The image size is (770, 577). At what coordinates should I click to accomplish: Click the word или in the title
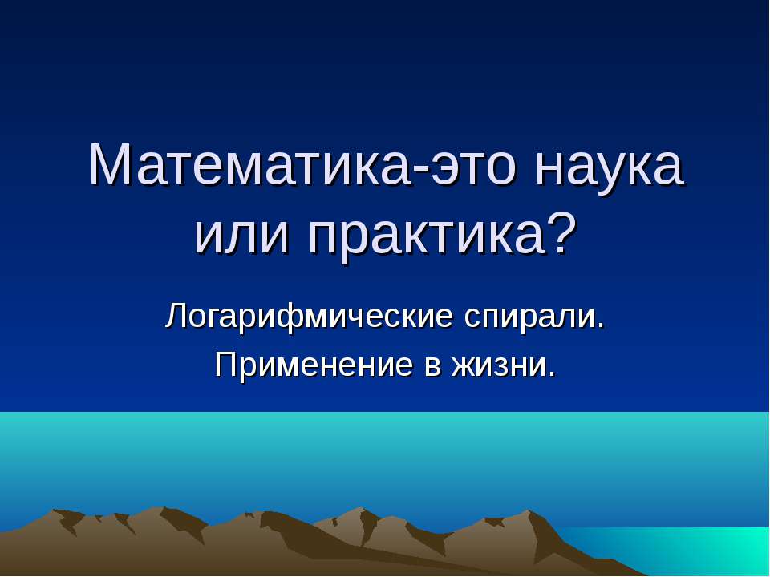tap(241, 236)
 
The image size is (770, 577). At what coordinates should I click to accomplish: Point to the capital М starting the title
tap(108, 165)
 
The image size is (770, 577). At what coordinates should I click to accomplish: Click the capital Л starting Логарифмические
tap(175, 317)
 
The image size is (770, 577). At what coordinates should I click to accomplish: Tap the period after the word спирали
tap(600, 326)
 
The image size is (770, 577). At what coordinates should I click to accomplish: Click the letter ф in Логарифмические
tap(278, 319)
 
